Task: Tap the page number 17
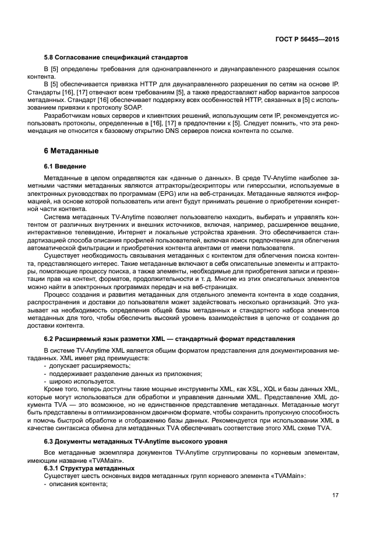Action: coord(335,496)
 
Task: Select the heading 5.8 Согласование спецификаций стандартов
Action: coord(116,58)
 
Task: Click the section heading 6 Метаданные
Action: coord(71,150)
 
